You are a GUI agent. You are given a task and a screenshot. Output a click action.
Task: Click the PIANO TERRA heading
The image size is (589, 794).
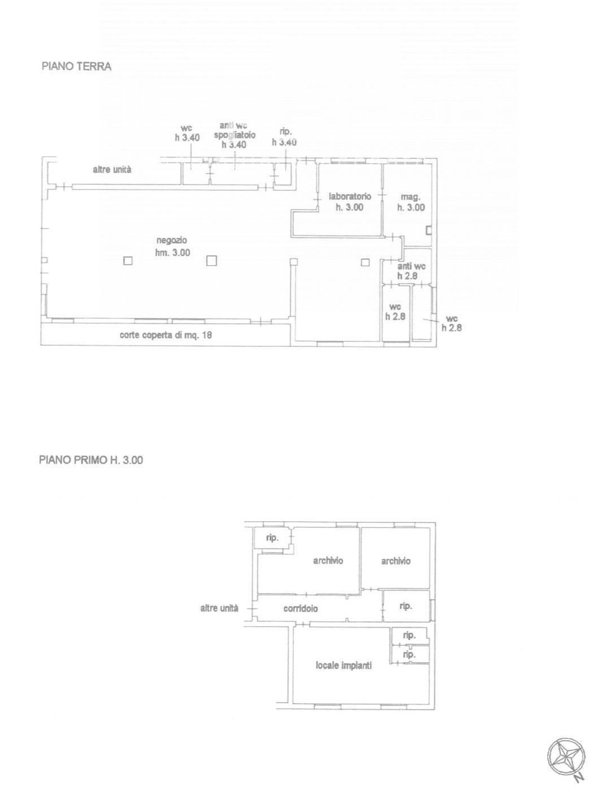point(76,67)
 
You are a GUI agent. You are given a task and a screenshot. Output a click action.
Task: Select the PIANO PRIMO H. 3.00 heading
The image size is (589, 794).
point(91,460)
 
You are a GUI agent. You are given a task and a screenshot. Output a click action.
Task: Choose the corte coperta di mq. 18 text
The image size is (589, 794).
point(165,335)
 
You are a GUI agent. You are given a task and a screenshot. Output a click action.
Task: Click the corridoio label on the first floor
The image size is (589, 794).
point(300,608)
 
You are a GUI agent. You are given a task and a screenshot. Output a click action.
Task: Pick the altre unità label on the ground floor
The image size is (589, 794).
point(112,170)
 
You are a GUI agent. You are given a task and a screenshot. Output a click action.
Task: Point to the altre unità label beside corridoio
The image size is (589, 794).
point(219,608)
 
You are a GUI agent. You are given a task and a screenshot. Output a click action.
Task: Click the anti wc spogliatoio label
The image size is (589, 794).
point(234,135)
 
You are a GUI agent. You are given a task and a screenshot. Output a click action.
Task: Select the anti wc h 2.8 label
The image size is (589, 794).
point(411,271)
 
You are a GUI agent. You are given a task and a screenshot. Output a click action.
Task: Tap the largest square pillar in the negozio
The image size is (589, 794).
point(211,261)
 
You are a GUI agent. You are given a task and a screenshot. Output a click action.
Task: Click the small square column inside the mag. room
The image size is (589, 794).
point(429,230)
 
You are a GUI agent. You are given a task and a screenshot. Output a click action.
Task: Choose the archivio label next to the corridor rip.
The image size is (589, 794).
point(395,561)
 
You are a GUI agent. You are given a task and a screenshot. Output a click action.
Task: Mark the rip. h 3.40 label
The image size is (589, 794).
point(284,137)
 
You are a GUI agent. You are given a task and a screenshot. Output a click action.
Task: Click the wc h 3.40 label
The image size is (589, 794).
point(187,133)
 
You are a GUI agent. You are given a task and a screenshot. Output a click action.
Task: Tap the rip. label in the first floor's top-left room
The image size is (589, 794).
point(272,538)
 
